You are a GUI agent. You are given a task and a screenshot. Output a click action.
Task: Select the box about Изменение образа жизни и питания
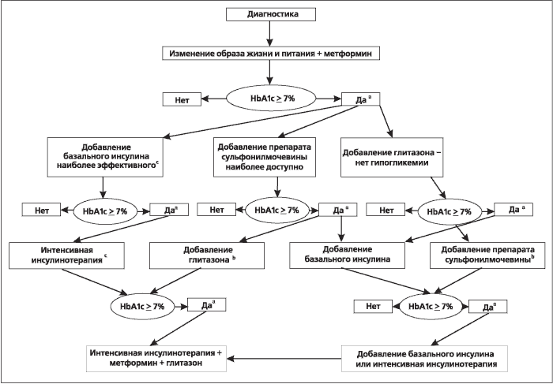pyautogui.click(x=271, y=53)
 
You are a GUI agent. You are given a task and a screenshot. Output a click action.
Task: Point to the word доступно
pyautogui.click(x=283, y=166)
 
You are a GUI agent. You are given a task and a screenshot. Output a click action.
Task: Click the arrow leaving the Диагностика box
pyautogui.click(x=270, y=33)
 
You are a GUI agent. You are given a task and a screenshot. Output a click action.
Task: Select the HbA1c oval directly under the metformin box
pyautogui.click(x=271, y=99)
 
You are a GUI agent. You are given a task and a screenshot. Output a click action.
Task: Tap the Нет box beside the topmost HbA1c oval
pyautogui.click(x=182, y=99)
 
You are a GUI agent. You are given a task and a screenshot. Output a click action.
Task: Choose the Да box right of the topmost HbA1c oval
pyautogui.click(x=361, y=99)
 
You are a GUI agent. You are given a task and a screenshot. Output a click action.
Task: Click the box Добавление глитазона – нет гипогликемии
pyautogui.click(x=392, y=157)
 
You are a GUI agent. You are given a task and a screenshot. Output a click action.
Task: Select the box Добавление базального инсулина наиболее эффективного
pyautogui.click(x=106, y=157)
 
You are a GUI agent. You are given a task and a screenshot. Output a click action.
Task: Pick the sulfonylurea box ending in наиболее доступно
pyautogui.click(x=265, y=157)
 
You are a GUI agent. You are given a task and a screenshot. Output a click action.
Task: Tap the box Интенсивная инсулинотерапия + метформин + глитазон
pyautogui.click(x=156, y=358)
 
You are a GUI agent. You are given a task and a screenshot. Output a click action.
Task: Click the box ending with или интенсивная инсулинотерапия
pyautogui.click(x=425, y=358)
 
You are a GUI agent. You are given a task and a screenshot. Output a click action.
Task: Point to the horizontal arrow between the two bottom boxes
pyautogui.click(x=284, y=359)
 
